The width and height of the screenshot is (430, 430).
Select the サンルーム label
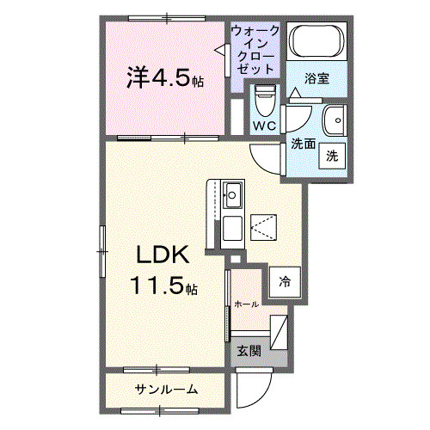click(167, 390)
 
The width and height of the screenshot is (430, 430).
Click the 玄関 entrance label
click(249, 350)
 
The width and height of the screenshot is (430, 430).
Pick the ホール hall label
click(246, 304)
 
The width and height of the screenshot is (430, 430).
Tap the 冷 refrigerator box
click(284, 279)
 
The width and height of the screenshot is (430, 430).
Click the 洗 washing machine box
click(332, 157)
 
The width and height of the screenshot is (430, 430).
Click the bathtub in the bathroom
click(316, 41)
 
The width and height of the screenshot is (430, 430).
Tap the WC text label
click(263, 126)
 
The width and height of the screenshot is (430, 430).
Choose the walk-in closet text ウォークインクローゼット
click(255, 49)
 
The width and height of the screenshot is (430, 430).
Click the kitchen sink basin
click(233, 193)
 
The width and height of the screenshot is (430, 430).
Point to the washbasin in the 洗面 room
click(333, 119)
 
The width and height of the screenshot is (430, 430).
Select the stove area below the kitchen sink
click(232, 228)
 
